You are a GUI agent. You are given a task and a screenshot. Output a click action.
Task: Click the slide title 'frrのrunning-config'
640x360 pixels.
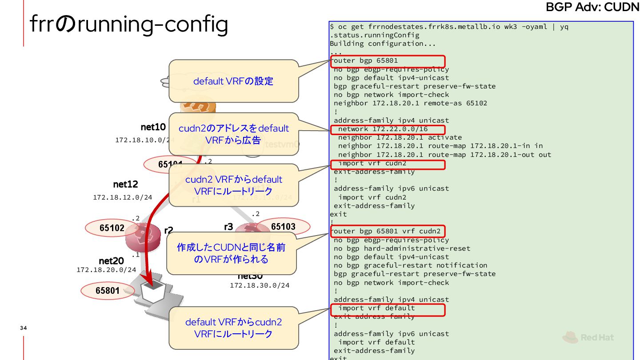click(x=129, y=25)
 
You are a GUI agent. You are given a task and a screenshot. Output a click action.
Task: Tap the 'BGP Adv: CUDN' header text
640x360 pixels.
click(x=592, y=7)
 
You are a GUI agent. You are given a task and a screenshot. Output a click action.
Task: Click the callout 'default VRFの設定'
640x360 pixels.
click(x=233, y=81)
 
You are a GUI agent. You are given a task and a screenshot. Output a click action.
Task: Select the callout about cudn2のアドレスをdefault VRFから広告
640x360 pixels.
click(x=233, y=134)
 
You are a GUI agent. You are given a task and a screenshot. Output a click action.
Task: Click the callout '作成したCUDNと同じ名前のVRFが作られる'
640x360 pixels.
click(x=231, y=253)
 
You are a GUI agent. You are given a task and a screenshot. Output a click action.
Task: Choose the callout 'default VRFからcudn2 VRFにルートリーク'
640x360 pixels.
click(x=233, y=328)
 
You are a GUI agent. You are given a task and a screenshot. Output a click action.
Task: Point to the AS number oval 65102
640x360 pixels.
click(x=112, y=228)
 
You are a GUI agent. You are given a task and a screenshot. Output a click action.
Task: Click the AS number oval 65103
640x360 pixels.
click(x=283, y=227)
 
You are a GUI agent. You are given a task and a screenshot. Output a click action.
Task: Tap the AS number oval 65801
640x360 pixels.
click(x=108, y=291)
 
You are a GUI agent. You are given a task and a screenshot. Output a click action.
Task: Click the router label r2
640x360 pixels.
click(x=168, y=230)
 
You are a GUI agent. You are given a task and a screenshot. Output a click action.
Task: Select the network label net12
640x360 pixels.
click(x=125, y=184)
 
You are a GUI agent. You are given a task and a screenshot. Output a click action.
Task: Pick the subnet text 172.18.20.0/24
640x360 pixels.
click(x=106, y=270)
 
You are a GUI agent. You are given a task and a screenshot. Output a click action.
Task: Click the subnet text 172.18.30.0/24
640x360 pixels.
click(x=260, y=285)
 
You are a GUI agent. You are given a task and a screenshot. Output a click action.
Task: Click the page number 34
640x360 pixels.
click(x=24, y=328)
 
